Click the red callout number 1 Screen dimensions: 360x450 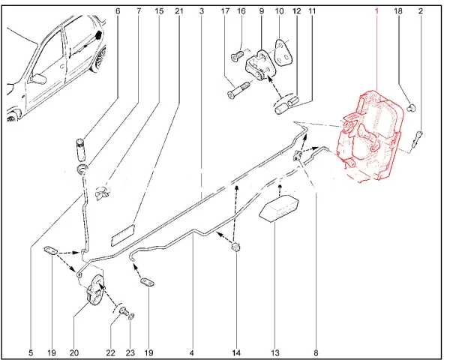pyautogui.click(x=377, y=12)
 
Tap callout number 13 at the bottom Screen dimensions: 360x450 pyautogui.click(x=275, y=352)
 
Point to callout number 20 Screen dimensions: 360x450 pyautogui.click(x=74, y=352)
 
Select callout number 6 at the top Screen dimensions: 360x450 pyautogui.click(x=117, y=11)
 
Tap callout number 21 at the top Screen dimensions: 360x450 pyautogui.click(x=178, y=11)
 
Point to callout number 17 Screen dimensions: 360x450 pyautogui.click(x=226, y=11)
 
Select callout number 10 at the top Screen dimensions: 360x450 pyautogui.click(x=279, y=11)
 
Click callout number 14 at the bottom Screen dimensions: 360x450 pyautogui.click(x=235, y=352)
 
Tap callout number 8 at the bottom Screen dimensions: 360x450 pyautogui.click(x=316, y=352)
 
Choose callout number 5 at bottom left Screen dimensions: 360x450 pyautogui.click(x=31, y=352)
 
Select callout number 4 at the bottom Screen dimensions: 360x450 pyautogui.click(x=192, y=352)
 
